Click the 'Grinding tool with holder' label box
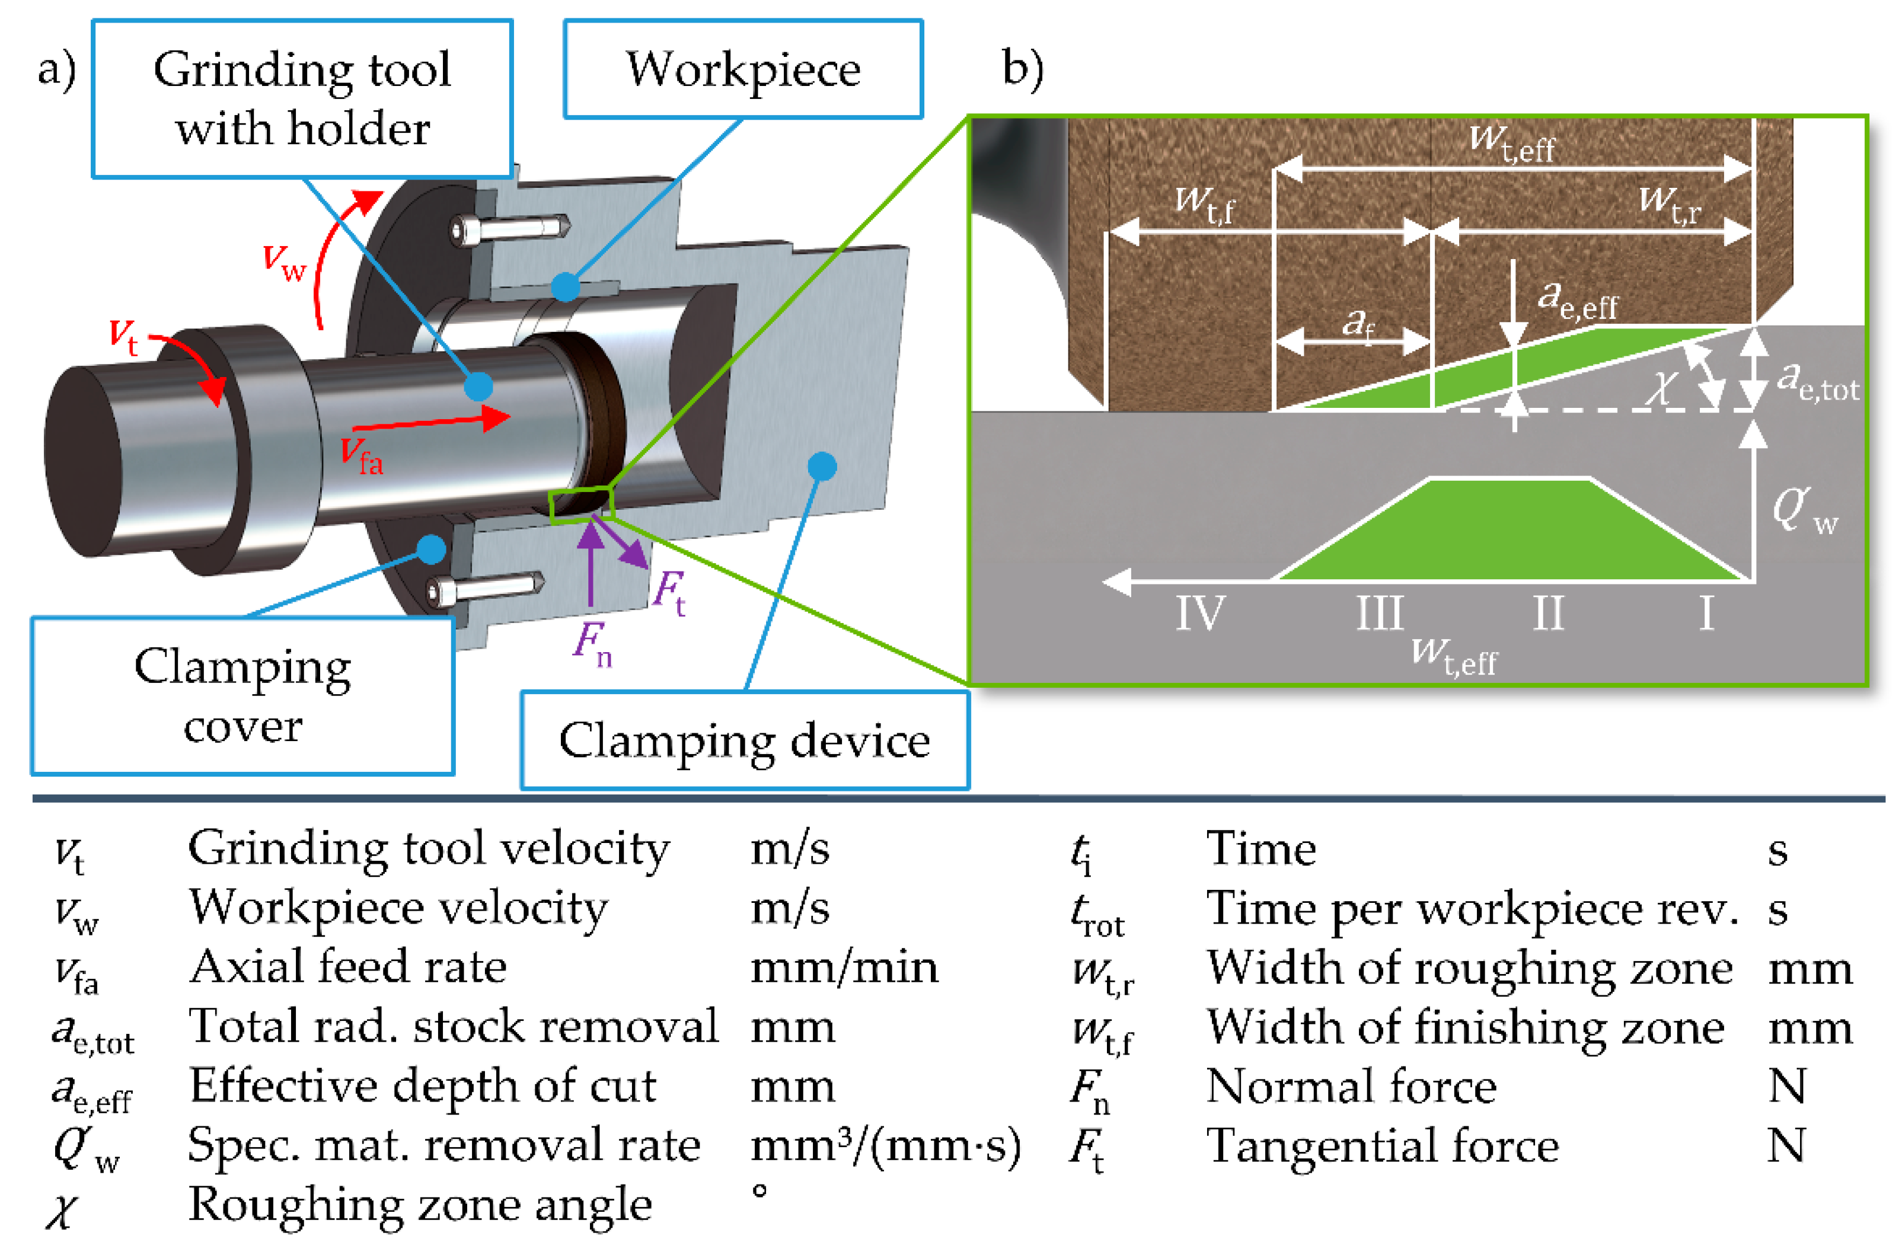[x=302, y=98]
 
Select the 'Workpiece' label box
[x=743, y=69]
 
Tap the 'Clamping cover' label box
[x=243, y=695]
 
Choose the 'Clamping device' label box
[x=745, y=740]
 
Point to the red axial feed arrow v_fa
[x=431, y=421]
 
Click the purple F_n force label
[x=592, y=643]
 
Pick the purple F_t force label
[x=669, y=592]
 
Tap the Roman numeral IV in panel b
[x=1199, y=613]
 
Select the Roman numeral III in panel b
[x=1380, y=613]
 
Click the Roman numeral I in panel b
[x=1706, y=613]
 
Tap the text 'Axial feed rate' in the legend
[x=347, y=967]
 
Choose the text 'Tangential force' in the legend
[x=1383, y=1146]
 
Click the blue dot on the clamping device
[x=822, y=467]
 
